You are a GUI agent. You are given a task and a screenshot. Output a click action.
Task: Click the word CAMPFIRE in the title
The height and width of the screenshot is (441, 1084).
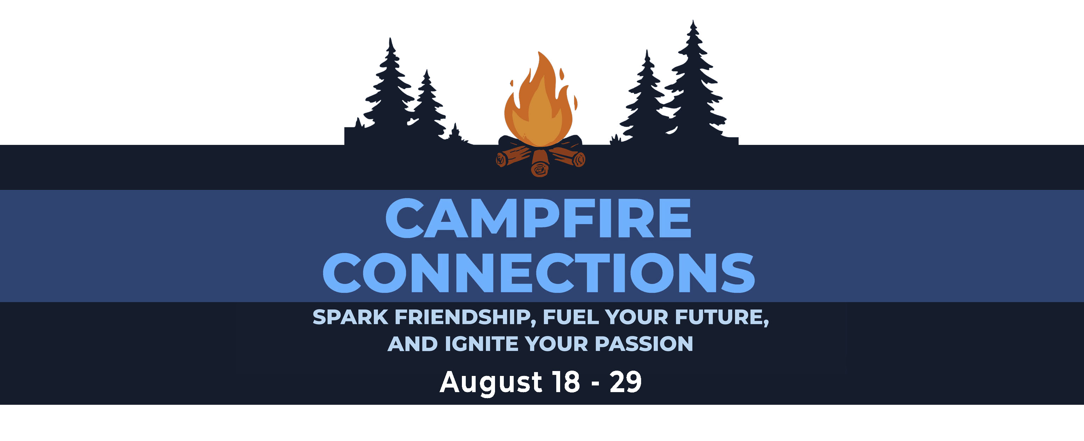538,219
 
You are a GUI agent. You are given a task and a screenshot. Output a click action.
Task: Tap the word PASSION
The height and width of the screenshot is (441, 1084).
644,344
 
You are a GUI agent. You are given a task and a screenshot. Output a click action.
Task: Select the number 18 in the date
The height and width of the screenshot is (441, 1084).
566,383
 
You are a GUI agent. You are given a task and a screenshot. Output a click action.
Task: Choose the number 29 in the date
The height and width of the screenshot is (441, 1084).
625,383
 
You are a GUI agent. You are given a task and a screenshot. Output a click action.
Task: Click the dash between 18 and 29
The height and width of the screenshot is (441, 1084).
595,384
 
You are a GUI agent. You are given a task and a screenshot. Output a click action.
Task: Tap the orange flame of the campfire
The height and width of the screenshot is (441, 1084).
539,105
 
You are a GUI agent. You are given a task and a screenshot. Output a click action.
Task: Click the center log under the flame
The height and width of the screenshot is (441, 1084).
540,164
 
